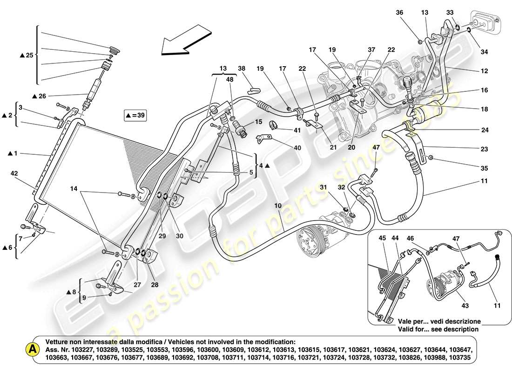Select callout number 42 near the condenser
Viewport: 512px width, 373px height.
[14, 173]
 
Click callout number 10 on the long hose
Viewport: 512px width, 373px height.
[277, 206]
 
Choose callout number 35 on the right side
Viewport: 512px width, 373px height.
[485, 168]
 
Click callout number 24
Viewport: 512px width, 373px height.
[485, 130]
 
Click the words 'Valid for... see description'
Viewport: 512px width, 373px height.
[438, 329]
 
